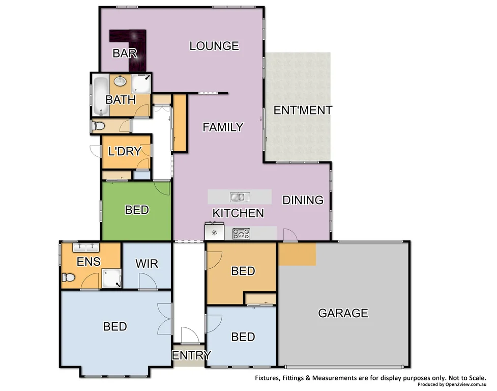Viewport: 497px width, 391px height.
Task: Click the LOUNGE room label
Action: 214,46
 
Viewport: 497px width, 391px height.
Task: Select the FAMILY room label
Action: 223,127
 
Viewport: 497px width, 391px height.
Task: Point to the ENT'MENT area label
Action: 303,110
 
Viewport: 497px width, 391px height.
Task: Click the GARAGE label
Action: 343,313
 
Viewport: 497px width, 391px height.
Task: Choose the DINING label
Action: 303,200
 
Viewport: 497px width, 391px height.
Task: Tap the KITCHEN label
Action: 238,213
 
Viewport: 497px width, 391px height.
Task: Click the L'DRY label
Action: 124,151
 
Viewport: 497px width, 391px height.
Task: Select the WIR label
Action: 147,264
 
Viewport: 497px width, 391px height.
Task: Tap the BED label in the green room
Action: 137,210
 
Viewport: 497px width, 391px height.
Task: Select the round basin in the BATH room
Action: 121,81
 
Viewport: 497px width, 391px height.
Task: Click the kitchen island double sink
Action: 238,197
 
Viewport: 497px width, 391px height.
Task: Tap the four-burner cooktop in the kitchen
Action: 241,234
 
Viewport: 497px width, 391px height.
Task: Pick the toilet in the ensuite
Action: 68,278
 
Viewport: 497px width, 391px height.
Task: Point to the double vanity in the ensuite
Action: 85,248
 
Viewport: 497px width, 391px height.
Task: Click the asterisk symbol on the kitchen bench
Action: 214,234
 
